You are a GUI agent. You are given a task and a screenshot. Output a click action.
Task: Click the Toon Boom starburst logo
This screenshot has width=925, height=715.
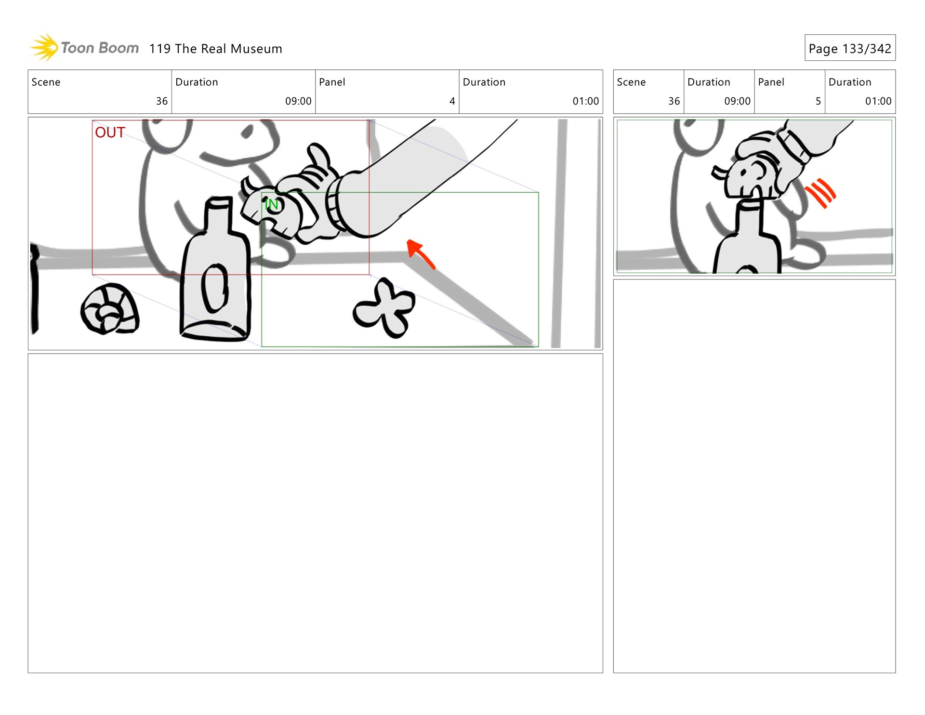pos(44,47)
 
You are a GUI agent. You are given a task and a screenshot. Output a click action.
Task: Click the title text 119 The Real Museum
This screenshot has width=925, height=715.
pos(215,49)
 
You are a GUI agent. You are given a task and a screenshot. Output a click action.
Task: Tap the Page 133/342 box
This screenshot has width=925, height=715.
pos(850,48)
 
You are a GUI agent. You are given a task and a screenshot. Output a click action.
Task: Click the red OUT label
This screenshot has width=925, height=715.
pos(110,132)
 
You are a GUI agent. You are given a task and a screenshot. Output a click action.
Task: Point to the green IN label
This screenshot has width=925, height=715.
pos(272,204)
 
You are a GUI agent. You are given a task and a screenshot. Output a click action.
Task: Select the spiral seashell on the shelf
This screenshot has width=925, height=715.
pos(110,309)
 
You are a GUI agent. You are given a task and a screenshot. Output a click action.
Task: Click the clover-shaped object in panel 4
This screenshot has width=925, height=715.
pos(384,307)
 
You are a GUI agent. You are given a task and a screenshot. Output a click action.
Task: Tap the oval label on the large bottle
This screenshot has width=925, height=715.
pos(215,288)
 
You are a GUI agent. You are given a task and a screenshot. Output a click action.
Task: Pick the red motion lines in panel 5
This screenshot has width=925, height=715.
pos(820,193)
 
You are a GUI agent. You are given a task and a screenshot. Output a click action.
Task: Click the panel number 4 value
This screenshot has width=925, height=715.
pos(452,101)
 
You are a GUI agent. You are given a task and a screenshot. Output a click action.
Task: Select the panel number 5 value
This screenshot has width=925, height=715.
pos(818,101)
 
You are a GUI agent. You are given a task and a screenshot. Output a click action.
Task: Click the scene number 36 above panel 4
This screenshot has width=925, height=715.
pos(162,101)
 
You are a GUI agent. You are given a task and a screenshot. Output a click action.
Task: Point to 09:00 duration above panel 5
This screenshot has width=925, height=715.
pos(737,101)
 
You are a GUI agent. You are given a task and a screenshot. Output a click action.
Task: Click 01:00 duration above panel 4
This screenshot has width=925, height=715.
pos(585,101)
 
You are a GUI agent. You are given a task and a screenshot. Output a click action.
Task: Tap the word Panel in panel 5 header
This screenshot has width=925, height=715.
pos(771,82)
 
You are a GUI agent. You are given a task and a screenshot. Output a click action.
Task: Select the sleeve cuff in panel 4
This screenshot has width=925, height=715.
pos(336,205)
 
